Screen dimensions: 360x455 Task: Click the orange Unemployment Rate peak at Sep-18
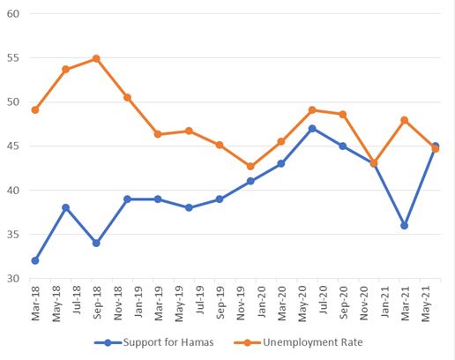coord(96,59)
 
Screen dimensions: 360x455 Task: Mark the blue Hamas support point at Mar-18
coord(35,260)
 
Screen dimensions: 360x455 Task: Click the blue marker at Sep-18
coord(96,243)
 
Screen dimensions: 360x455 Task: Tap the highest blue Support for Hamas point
coord(312,129)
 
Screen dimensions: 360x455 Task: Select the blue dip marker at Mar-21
coord(405,225)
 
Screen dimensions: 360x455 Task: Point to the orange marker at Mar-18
coord(35,110)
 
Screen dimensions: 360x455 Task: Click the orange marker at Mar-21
coord(405,120)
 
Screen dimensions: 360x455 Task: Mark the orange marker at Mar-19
coord(158,134)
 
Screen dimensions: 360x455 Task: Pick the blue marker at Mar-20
coord(281,163)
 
